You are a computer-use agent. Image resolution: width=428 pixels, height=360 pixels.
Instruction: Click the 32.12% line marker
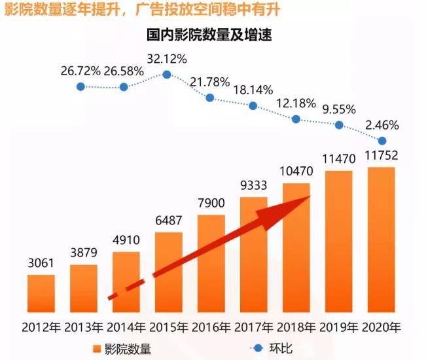coord(167,75)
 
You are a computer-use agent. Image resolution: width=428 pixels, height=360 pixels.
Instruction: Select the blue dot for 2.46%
coord(382,141)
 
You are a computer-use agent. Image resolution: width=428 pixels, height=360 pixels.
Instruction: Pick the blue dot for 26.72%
coord(80,86)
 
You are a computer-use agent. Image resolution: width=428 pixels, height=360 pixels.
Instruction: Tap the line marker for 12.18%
coord(296,119)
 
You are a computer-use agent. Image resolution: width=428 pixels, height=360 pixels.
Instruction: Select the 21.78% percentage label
coord(209,82)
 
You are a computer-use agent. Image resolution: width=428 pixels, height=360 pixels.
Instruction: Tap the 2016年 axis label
coord(211,326)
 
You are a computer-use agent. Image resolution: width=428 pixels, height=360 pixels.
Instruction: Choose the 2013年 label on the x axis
coord(83,326)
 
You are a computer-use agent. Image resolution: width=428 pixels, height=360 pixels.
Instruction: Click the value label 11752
coord(381,156)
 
